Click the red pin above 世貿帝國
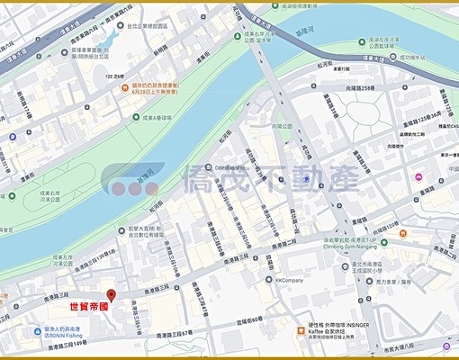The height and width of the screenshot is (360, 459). coord(111,294)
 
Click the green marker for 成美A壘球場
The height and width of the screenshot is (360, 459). coord(136,117)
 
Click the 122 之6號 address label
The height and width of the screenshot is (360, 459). coord(115,77)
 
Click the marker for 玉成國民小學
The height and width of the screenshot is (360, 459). coord(375,265)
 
